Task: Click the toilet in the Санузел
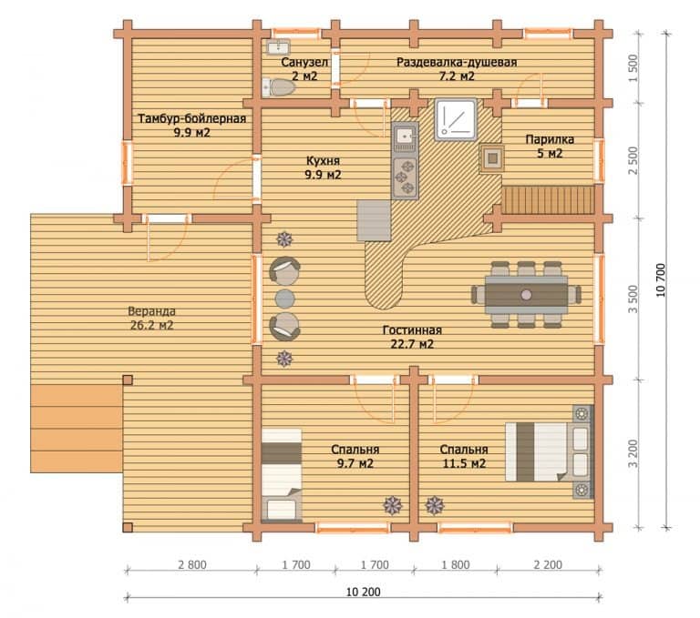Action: (278, 87)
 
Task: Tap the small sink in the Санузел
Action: (279, 46)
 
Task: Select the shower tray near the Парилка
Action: (456, 119)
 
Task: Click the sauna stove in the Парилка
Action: (492, 158)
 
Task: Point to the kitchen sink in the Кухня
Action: (406, 137)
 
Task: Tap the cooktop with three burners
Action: (406, 177)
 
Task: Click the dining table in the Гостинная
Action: (526, 295)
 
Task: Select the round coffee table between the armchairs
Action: (284, 299)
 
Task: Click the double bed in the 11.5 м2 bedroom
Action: (549, 451)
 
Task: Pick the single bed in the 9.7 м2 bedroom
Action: (282, 474)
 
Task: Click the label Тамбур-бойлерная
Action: (192, 118)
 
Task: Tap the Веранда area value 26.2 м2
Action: (152, 325)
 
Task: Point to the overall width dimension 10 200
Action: (364, 592)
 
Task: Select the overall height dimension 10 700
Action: (661, 280)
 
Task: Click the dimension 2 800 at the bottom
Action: (192, 564)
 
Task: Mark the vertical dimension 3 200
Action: (633, 454)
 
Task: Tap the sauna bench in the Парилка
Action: (549, 200)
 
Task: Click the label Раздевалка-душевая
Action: (457, 62)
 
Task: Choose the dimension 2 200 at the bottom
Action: (548, 564)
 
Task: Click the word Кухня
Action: (323, 160)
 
